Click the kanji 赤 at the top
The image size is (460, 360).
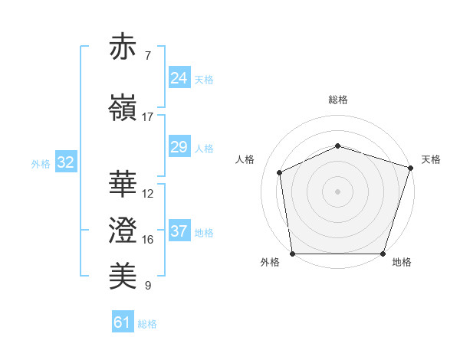[124, 48]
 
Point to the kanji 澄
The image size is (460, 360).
[124, 230]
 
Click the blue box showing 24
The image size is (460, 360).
[179, 78]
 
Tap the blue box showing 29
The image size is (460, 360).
[179, 147]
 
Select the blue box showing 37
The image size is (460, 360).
[179, 231]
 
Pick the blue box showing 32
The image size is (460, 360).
[65, 162]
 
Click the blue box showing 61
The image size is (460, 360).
[123, 322]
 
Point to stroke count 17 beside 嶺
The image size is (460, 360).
[148, 117]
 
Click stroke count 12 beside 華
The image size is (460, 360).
[148, 194]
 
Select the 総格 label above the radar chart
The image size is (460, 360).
[337, 100]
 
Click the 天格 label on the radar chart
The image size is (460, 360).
[431, 159]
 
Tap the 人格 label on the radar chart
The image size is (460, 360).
[245, 159]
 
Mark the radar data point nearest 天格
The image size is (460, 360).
[410, 167]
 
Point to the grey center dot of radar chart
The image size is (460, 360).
[337, 191]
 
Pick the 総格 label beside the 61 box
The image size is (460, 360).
[147, 324]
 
